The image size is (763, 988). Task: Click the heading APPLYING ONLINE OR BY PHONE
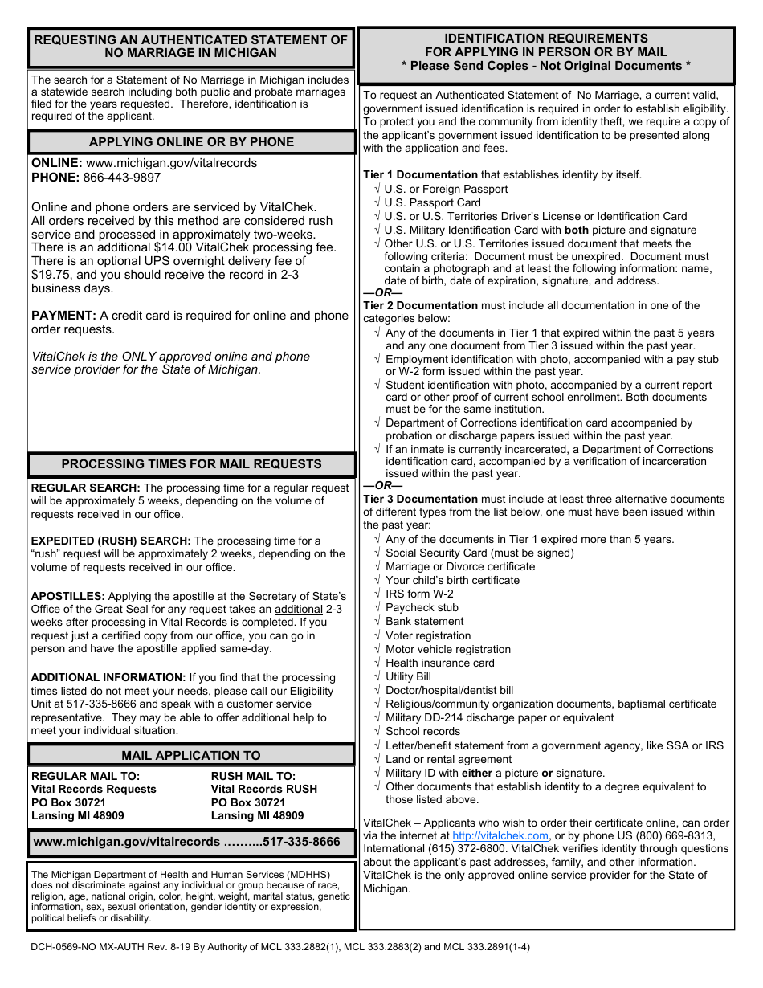pos(191,142)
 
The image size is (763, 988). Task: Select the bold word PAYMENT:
pos(63,316)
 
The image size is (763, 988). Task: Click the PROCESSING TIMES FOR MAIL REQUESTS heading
pos(191,464)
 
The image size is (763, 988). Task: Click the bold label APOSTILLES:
pos(67,596)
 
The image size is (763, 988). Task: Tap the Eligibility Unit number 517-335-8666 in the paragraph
pos(97,704)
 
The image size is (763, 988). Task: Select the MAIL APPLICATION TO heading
pos(191,755)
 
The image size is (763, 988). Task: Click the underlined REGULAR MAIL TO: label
pos(85,776)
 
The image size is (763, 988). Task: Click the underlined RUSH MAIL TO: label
pos(253,776)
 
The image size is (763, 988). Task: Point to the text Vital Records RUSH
pos(263,789)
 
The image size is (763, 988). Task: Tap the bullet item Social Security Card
pos(479,553)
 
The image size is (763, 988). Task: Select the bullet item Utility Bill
pos(408,676)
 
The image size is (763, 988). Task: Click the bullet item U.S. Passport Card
pos(432,202)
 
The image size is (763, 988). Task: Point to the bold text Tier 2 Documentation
pos(420,305)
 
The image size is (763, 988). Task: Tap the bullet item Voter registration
pos(428,635)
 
